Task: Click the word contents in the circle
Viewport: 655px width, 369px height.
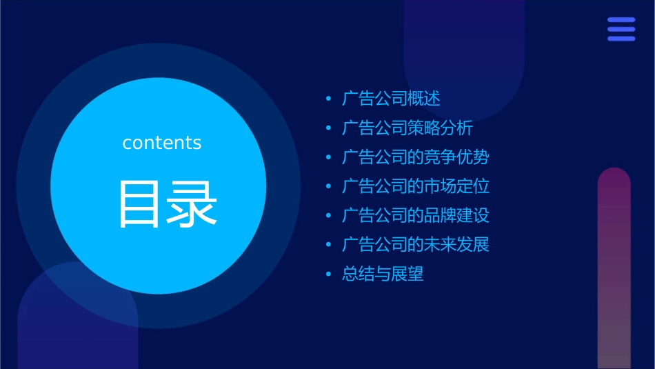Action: click(162, 143)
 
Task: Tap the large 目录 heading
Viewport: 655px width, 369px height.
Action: click(168, 205)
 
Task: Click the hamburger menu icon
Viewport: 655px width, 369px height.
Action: click(621, 29)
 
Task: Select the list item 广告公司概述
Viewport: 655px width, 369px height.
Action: click(391, 99)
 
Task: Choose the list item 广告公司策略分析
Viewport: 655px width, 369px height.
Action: click(407, 128)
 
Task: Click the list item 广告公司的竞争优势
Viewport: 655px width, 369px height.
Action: click(415, 157)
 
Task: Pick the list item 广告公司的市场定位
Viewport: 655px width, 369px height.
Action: click(415, 186)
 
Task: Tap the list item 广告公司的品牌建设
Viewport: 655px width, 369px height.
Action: click(415, 215)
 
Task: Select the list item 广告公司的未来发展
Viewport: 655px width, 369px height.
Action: click(415, 245)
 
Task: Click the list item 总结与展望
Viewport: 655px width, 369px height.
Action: click(383, 274)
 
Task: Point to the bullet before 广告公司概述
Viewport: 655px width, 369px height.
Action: click(329, 99)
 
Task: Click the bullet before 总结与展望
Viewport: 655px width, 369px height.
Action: click(329, 275)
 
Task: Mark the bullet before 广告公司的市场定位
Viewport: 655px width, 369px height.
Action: click(329, 187)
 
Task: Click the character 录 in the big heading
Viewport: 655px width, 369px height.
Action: click(194, 205)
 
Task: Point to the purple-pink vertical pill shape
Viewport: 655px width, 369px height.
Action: click(614, 269)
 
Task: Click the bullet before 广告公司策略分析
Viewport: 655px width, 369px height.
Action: click(329, 129)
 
